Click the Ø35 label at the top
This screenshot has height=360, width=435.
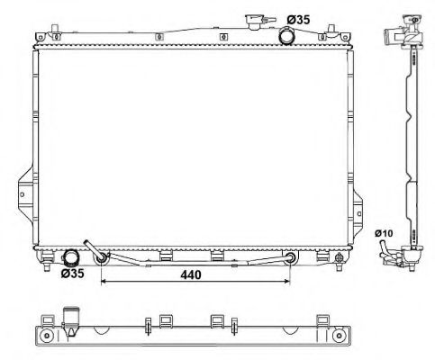pos(298,20)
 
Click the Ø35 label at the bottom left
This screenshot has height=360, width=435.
pos(73,274)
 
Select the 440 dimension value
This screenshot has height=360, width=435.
pos(191,274)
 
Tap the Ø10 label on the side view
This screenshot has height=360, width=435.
pos(384,233)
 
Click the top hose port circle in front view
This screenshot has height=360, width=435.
pos(287,36)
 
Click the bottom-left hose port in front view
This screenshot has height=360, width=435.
pos(70,258)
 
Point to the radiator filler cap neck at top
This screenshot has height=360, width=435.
pos(254,22)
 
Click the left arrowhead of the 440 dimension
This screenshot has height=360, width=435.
pos(103,282)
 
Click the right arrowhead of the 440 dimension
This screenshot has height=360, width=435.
pos(288,282)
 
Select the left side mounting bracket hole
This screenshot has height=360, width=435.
pos(22,194)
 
